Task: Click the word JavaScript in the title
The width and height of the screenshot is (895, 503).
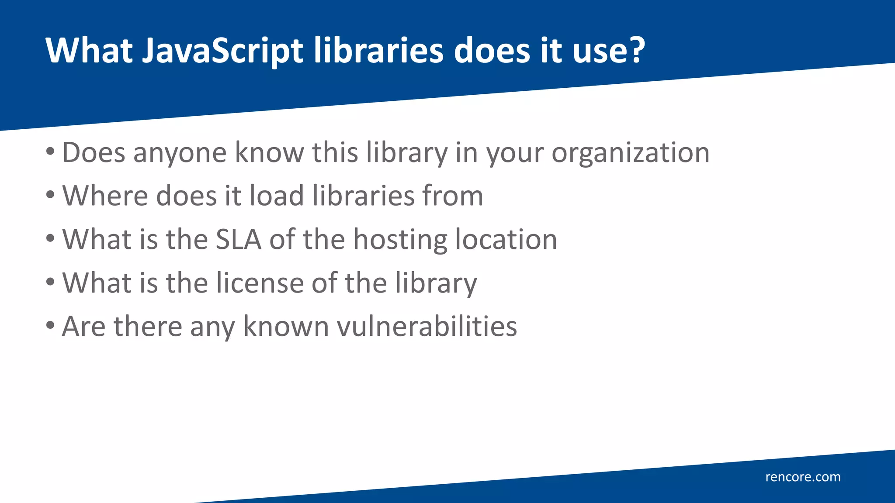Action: click(222, 51)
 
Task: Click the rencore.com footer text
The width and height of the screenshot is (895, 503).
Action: click(803, 477)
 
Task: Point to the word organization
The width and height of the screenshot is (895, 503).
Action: click(630, 153)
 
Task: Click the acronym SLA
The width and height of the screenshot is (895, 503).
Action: click(239, 239)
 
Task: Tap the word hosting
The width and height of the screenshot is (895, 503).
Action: click(400, 240)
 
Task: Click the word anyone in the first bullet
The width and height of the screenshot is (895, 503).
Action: click(180, 154)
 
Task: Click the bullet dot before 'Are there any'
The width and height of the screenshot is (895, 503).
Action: click(50, 325)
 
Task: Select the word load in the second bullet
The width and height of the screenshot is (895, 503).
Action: click(276, 196)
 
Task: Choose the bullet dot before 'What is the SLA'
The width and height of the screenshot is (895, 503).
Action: click(50, 238)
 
